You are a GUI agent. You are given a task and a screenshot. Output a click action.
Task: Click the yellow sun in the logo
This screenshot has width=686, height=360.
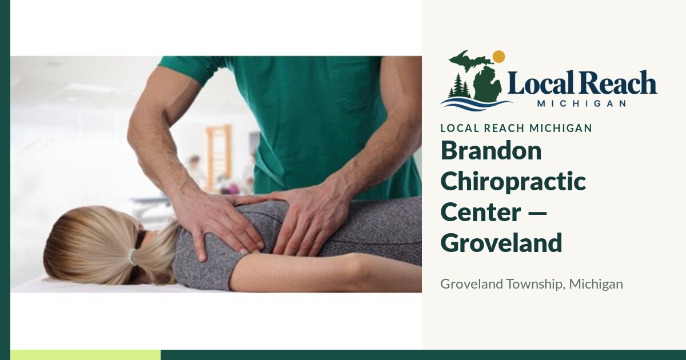coord(499,57)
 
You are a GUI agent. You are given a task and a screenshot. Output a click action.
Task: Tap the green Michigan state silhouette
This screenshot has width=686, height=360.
coord(481,77)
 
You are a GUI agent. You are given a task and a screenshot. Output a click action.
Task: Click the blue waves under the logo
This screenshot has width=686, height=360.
coord(476,104)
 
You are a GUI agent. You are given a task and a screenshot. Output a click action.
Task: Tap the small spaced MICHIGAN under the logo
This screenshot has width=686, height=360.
coord(581,103)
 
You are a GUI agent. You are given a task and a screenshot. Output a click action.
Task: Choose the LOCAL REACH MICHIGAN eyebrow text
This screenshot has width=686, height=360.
coord(516,128)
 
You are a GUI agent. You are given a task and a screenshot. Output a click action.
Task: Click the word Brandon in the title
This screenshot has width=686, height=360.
coord(491,151)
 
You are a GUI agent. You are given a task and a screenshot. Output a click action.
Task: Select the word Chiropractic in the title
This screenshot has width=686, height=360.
coord(513,182)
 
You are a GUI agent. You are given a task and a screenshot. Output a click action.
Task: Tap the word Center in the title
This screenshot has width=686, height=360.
coord(481,212)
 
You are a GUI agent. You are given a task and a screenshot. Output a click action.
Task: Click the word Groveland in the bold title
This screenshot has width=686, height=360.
coord(501,242)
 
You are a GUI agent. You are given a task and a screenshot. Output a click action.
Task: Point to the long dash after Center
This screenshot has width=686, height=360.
coord(538,213)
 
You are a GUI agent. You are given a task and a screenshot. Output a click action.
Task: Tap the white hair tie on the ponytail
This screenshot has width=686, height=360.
coord(132,257)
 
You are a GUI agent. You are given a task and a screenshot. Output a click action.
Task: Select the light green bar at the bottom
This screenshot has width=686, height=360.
coord(85,355)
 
